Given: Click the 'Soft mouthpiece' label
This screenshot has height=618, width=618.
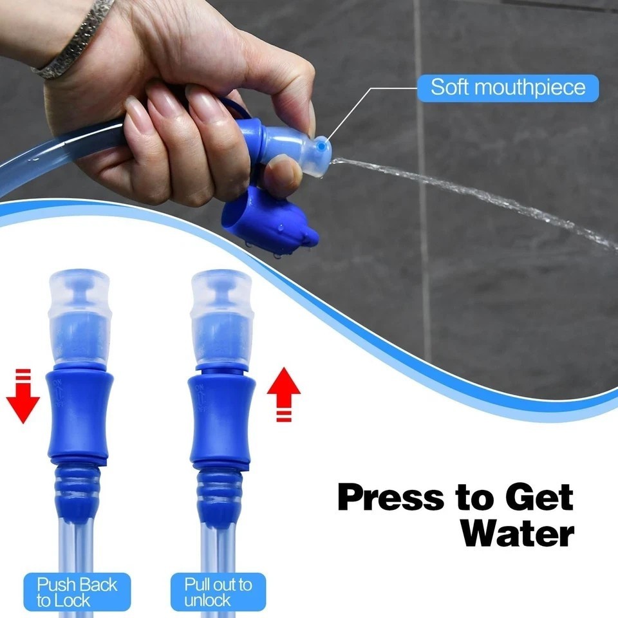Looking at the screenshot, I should point(508,87).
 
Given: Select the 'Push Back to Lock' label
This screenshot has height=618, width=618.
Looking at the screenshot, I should point(77,592).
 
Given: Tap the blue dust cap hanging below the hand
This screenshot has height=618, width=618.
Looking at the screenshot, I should point(267,222).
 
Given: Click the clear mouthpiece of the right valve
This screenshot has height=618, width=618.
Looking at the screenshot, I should point(221,315).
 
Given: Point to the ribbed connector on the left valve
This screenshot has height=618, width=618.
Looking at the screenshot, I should point(78,489).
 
